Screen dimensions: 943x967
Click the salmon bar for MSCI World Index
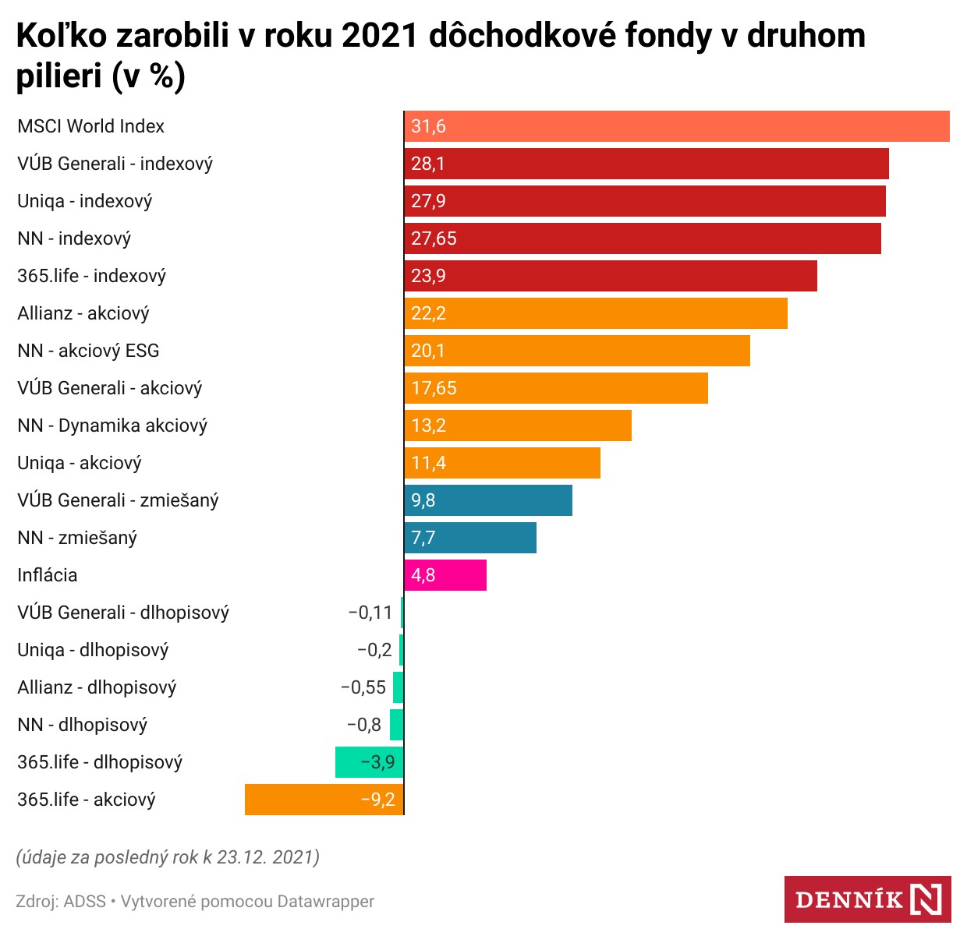pos(677,126)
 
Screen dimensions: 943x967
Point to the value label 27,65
pos(434,238)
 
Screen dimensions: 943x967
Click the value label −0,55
pos(363,687)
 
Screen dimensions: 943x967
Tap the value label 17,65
pos(434,388)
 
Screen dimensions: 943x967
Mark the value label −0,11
pos(370,613)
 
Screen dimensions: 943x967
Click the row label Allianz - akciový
pos(83,313)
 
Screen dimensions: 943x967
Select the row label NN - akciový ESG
pos(88,351)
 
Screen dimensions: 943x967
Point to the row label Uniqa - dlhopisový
pos(93,650)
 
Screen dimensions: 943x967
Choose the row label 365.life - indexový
pos(91,276)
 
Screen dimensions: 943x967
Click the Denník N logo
pos(867,899)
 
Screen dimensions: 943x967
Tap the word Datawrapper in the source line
pos(326,902)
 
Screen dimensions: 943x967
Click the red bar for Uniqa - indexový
pos(644,201)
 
